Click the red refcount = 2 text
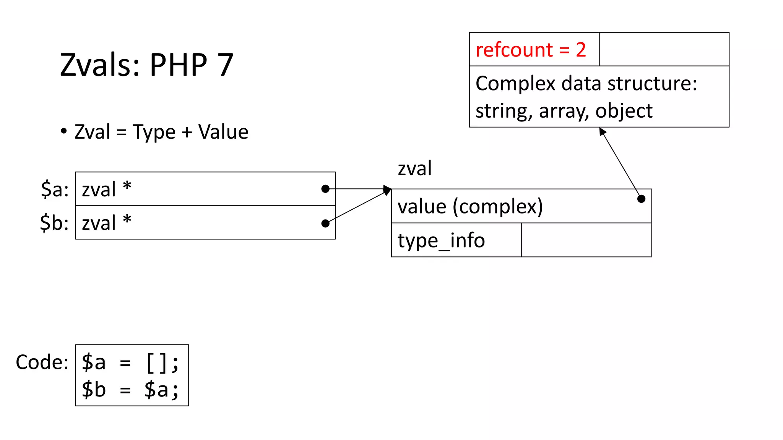[531, 50]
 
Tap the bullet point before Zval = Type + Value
[64, 131]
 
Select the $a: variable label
[55, 189]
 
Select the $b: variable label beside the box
[55, 223]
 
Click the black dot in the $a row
[325, 189]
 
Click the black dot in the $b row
[325, 223]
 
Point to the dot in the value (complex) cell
[642, 199]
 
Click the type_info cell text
[441, 240]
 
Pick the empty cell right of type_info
[586, 240]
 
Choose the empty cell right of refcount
[664, 49]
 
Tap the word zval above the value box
[414, 168]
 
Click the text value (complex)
[470, 207]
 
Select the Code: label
[42, 362]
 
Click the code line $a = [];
[130, 362]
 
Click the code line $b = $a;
[130, 390]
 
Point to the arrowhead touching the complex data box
[602, 131]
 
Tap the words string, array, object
[564, 111]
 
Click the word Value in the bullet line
[223, 132]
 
